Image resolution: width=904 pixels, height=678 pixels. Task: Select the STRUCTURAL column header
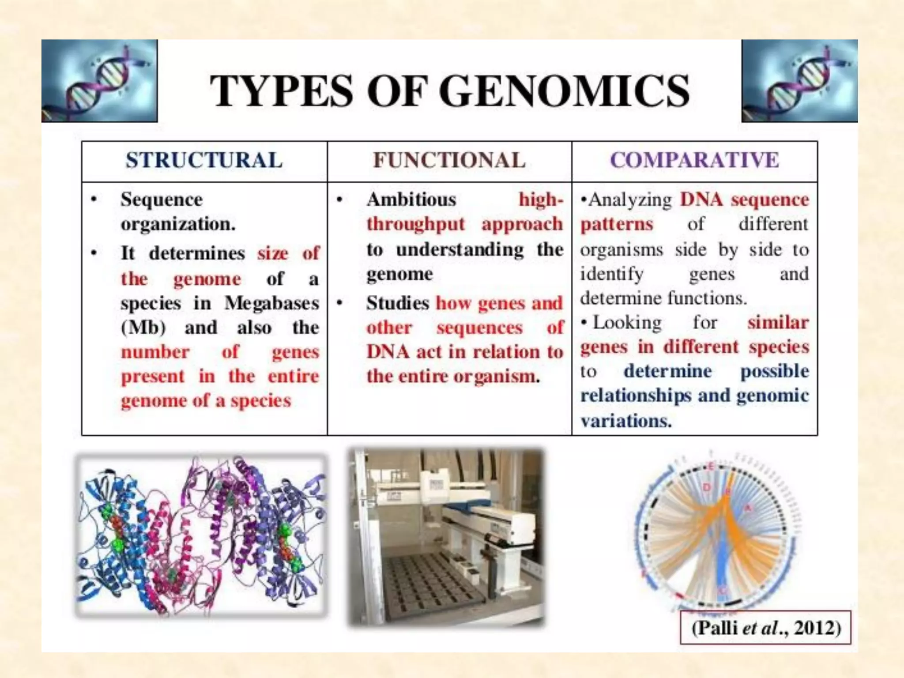(204, 160)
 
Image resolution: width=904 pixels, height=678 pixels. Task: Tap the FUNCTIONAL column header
(449, 160)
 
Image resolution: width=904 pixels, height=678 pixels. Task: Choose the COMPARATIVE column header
(694, 160)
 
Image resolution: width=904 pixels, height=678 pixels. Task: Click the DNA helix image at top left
(99, 81)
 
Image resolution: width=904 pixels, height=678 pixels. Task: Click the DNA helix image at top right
(799, 81)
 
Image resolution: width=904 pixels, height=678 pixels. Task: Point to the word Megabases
(271, 303)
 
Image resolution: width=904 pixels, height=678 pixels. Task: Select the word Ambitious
(411, 200)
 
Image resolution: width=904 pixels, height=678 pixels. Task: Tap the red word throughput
(415, 224)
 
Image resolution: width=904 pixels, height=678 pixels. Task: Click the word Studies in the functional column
(397, 303)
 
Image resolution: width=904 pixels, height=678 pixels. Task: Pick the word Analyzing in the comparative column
(630, 200)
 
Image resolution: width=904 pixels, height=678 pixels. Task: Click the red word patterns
(616, 224)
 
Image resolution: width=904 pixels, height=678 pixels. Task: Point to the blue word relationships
(635, 395)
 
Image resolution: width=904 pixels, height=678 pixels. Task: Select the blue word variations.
(625, 421)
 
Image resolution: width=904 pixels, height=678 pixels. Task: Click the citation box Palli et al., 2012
(765, 628)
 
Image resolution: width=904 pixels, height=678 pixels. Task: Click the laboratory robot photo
(446, 537)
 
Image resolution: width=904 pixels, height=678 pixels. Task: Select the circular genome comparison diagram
(717, 534)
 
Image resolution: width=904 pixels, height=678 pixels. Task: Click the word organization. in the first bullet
(178, 224)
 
